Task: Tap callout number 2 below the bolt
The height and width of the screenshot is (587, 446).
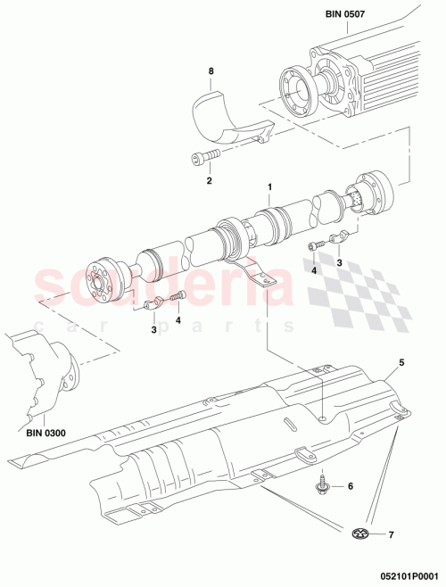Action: coord(208,181)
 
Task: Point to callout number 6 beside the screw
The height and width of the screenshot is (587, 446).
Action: coord(350,486)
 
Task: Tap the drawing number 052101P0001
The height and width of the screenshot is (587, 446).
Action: coord(401,577)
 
